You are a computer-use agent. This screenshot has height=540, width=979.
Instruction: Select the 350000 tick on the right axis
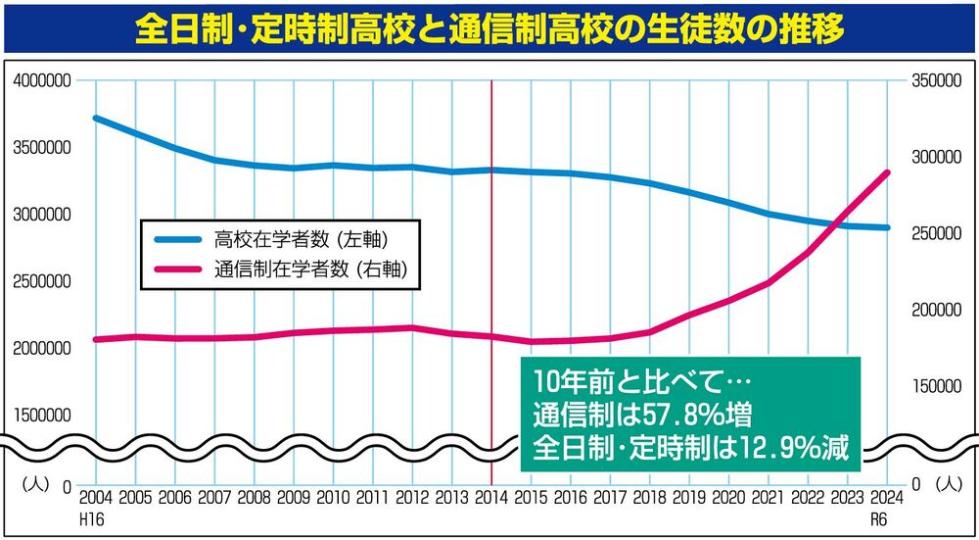tap(933, 82)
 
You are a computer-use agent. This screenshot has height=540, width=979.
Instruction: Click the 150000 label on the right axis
tap(933, 386)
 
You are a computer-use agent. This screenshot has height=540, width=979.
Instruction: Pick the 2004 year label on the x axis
tap(95, 497)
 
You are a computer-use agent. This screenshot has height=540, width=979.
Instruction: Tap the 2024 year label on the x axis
tap(886, 497)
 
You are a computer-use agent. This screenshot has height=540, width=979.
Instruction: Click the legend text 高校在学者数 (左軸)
tap(296, 238)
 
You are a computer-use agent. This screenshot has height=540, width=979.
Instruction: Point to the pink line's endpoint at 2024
tap(887, 172)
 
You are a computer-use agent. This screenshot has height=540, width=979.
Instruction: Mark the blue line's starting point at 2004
tap(95, 118)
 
